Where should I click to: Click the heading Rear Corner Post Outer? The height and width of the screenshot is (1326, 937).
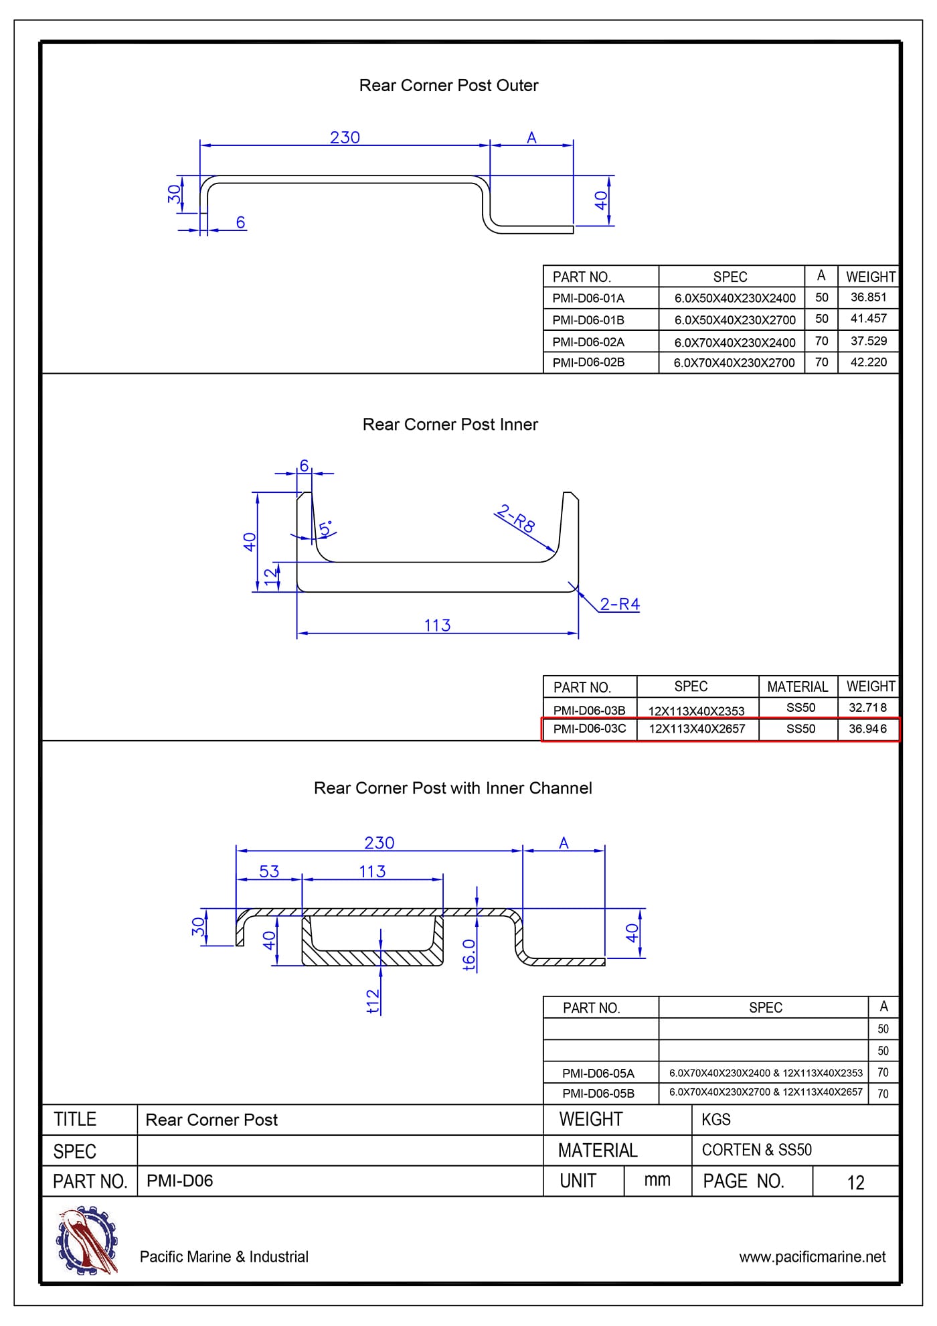tap(448, 86)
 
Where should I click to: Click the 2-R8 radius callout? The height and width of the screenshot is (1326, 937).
tap(516, 519)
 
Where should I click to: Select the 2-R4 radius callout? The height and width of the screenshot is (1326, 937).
tap(619, 604)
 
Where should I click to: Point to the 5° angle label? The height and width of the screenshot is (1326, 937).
tap(327, 528)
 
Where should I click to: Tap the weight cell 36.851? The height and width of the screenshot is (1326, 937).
tap(868, 297)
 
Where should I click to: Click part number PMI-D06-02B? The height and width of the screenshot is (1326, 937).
tap(588, 362)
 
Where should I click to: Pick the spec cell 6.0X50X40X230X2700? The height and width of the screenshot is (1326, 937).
tap(734, 319)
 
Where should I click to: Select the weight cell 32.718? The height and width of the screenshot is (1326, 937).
tap(867, 708)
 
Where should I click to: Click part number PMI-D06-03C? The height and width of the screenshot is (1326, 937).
tap(590, 729)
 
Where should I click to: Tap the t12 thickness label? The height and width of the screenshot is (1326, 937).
tap(373, 1001)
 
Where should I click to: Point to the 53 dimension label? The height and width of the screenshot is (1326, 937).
tap(269, 871)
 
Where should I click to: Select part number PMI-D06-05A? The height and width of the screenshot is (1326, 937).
tap(598, 1073)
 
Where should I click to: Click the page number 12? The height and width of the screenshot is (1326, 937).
tap(855, 1183)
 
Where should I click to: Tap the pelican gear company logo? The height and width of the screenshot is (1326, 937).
tap(87, 1240)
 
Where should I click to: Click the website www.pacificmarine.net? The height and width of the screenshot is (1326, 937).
tap(812, 1257)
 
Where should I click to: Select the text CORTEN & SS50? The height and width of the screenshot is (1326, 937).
tap(756, 1150)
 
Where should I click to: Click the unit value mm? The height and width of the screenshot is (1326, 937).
tap(657, 1181)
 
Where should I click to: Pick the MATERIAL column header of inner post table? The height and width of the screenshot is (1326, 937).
tap(797, 686)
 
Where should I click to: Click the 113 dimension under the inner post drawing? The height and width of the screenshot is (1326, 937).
tap(437, 625)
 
